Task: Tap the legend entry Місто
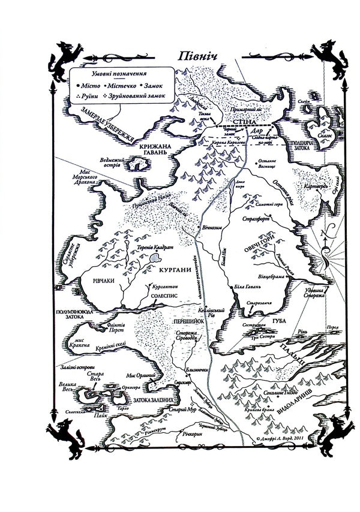pyautogui.click(x=88, y=86)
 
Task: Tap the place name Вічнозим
pyautogui.click(x=217, y=228)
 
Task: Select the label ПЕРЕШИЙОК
pyautogui.click(x=185, y=322)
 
